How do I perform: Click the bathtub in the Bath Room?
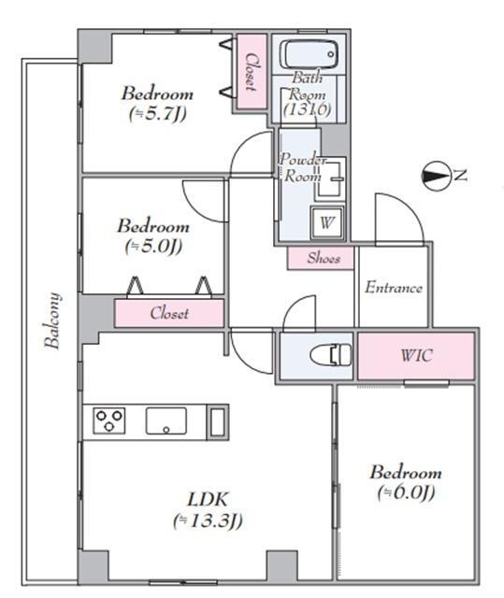click(309, 55)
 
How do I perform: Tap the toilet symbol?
click(331, 355)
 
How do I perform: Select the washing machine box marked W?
click(327, 222)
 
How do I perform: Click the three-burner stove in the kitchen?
click(109, 420)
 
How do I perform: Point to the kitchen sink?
click(166, 421)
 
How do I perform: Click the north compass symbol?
click(435, 176)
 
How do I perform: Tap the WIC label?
click(417, 355)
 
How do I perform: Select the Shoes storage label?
click(324, 258)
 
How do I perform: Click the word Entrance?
click(394, 288)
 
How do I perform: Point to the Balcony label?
click(52, 320)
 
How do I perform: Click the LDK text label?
click(208, 500)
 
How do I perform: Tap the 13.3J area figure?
click(208, 521)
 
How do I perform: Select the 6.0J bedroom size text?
click(406, 492)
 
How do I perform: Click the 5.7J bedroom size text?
click(158, 114)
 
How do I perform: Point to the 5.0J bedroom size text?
click(153, 247)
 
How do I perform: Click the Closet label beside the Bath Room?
click(251, 72)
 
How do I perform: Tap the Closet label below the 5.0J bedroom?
click(169, 314)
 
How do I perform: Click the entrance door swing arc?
click(410, 207)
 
